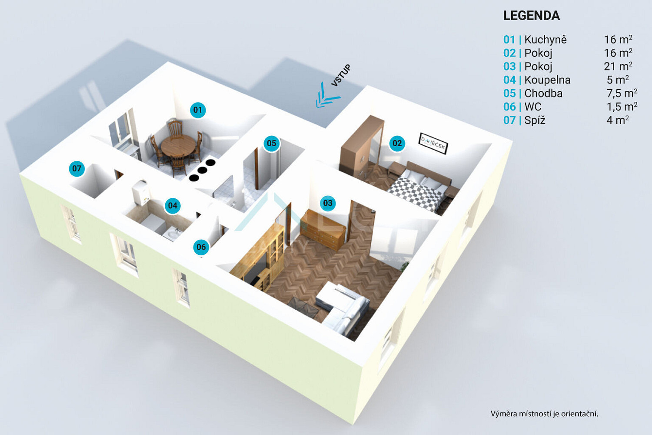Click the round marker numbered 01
tap(198, 110)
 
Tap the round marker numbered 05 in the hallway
tap(272, 143)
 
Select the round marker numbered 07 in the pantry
tap(77, 168)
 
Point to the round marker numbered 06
tap(201, 247)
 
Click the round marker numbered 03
tap(328, 203)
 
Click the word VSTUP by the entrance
tap(341, 75)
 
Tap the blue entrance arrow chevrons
tap(328, 96)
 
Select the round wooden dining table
tap(178, 145)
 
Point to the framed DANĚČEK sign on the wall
tap(433, 144)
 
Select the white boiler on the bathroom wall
tap(141, 192)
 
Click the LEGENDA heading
tap(532, 16)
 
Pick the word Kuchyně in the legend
tap(546, 40)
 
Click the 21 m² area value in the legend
tap(618, 66)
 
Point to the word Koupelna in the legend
tap(548, 80)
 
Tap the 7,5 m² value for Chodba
tap(622, 93)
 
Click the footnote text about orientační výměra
tap(544, 414)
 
